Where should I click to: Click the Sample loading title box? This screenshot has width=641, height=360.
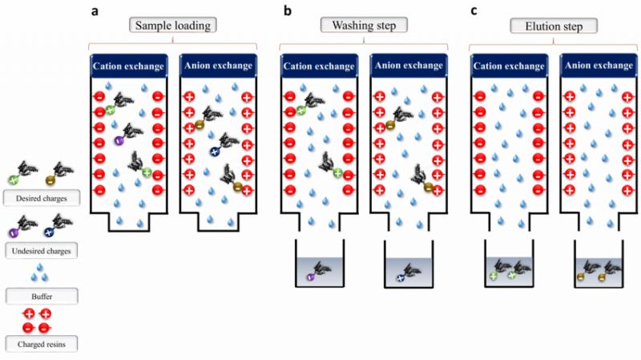click(x=173, y=26)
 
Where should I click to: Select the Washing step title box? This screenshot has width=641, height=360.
click(x=364, y=26)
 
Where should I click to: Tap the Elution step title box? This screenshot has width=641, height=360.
click(x=554, y=26)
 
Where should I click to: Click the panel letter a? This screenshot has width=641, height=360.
click(x=95, y=11)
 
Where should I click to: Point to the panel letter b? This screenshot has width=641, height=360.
click(x=288, y=10)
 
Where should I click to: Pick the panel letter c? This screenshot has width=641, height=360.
click(x=474, y=11)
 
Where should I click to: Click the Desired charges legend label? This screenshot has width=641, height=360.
click(x=42, y=198)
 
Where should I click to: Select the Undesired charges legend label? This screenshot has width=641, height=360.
click(x=42, y=251)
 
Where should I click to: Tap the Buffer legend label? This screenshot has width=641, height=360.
click(x=42, y=296)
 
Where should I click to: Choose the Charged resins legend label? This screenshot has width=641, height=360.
click(x=42, y=344)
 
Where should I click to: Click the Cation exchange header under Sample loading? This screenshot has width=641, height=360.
click(x=128, y=66)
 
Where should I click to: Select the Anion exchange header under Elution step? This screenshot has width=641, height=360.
click(x=599, y=66)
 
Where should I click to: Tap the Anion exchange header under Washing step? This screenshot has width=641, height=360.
click(x=409, y=66)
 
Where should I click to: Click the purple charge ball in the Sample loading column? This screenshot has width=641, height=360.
click(x=119, y=140)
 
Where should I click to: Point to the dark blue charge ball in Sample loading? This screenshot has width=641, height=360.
click(x=215, y=152)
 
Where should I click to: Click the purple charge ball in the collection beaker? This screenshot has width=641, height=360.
click(x=310, y=277)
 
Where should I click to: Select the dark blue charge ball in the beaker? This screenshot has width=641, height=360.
click(x=401, y=278)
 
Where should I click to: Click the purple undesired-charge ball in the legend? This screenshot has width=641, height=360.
click(x=13, y=233)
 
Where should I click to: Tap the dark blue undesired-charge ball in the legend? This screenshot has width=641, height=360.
click(x=49, y=233)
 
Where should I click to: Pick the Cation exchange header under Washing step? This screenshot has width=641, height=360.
click(x=319, y=66)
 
